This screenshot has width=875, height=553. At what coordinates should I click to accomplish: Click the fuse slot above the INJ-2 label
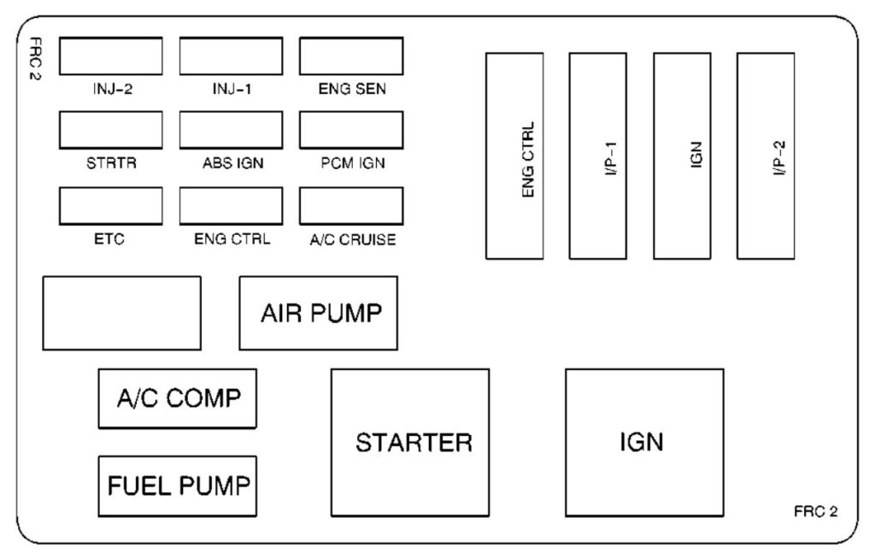[111, 56]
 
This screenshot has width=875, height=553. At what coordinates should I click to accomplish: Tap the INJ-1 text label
[231, 88]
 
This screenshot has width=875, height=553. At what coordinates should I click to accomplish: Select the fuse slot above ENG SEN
[351, 56]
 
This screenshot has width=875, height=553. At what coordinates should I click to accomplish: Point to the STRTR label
[111, 164]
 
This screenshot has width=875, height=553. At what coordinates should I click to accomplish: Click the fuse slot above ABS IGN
[231, 130]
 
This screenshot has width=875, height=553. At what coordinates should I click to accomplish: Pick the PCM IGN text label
[351, 164]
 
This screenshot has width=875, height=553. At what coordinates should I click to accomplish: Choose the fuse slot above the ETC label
[111, 206]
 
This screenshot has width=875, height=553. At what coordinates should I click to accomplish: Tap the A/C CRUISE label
[353, 240]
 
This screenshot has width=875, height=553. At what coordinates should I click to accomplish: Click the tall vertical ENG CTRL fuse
[514, 156]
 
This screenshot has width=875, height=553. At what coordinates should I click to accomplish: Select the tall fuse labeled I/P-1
[597, 156]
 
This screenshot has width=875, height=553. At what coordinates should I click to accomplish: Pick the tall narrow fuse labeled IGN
[682, 156]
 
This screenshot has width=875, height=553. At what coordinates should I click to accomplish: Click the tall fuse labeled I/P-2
[766, 156]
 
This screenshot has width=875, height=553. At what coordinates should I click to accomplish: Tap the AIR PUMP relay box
[318, 313]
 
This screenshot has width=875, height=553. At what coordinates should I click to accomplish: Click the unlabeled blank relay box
[121, 313]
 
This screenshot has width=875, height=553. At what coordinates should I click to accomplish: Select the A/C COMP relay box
[178, 398]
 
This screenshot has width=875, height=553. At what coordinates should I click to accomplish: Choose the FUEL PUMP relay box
[178, 485]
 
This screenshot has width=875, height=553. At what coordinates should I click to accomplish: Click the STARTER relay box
[410, 443]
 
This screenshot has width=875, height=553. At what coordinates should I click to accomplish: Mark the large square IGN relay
[644, 443]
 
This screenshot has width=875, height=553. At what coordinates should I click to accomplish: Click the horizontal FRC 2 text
[815, 512]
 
